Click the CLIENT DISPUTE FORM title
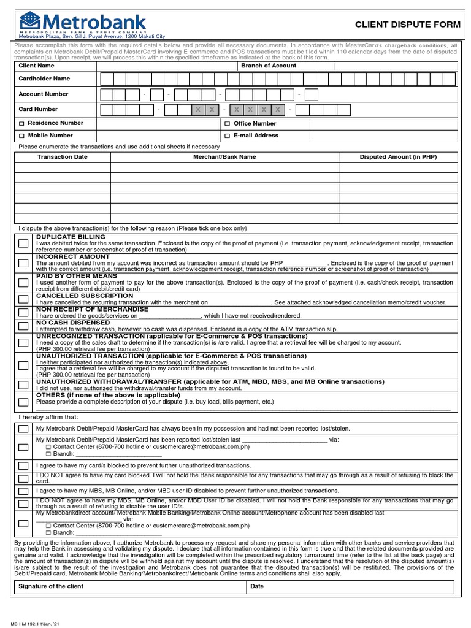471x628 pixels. coord(407,25)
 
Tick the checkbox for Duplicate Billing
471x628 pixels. coord(23,243)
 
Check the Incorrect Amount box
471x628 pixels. coord(23,263)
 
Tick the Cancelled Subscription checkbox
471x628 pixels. coord(23,299)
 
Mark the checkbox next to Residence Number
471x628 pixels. coord(22,123)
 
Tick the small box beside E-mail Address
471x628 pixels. coord(227,136)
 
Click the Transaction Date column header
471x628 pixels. coord(63,157)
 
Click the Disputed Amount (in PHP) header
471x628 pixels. coord(398,157)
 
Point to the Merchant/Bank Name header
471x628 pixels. coord(224,157)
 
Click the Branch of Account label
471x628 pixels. coord(269,66)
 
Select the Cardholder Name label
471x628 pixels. coord(44,78)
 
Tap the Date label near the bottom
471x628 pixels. coord(257,587)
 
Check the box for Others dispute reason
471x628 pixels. coord(23,402)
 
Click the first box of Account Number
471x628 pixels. coord(107,94)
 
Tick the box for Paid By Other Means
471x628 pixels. coord(23,283)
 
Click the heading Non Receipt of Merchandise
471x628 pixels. coord(93,309)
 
